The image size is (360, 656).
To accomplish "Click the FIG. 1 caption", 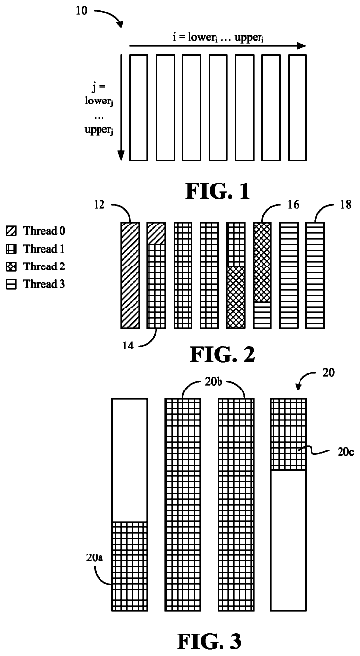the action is tap(218, 190).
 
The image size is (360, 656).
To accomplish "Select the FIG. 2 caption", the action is tap(222, 354).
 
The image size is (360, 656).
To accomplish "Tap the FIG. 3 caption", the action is tap(209, 640).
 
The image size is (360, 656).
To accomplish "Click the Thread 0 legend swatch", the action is tap(11, 231).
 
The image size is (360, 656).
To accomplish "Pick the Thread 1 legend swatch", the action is tap(11, 249).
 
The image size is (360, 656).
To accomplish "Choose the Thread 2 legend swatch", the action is tap(11, 266).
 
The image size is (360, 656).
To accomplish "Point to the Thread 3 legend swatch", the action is tap(11, 284).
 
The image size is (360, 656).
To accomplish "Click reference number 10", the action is tap(82, 10).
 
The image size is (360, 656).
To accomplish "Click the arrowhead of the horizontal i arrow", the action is tap(301, 46).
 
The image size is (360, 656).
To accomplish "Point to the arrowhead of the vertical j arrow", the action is tap(121, 155).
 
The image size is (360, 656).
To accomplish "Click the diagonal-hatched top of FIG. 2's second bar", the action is tap(156, 233).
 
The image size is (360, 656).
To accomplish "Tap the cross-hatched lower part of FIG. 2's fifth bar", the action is tap(235, 297).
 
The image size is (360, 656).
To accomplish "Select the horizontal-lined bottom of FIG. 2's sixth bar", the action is tap(262, 314).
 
